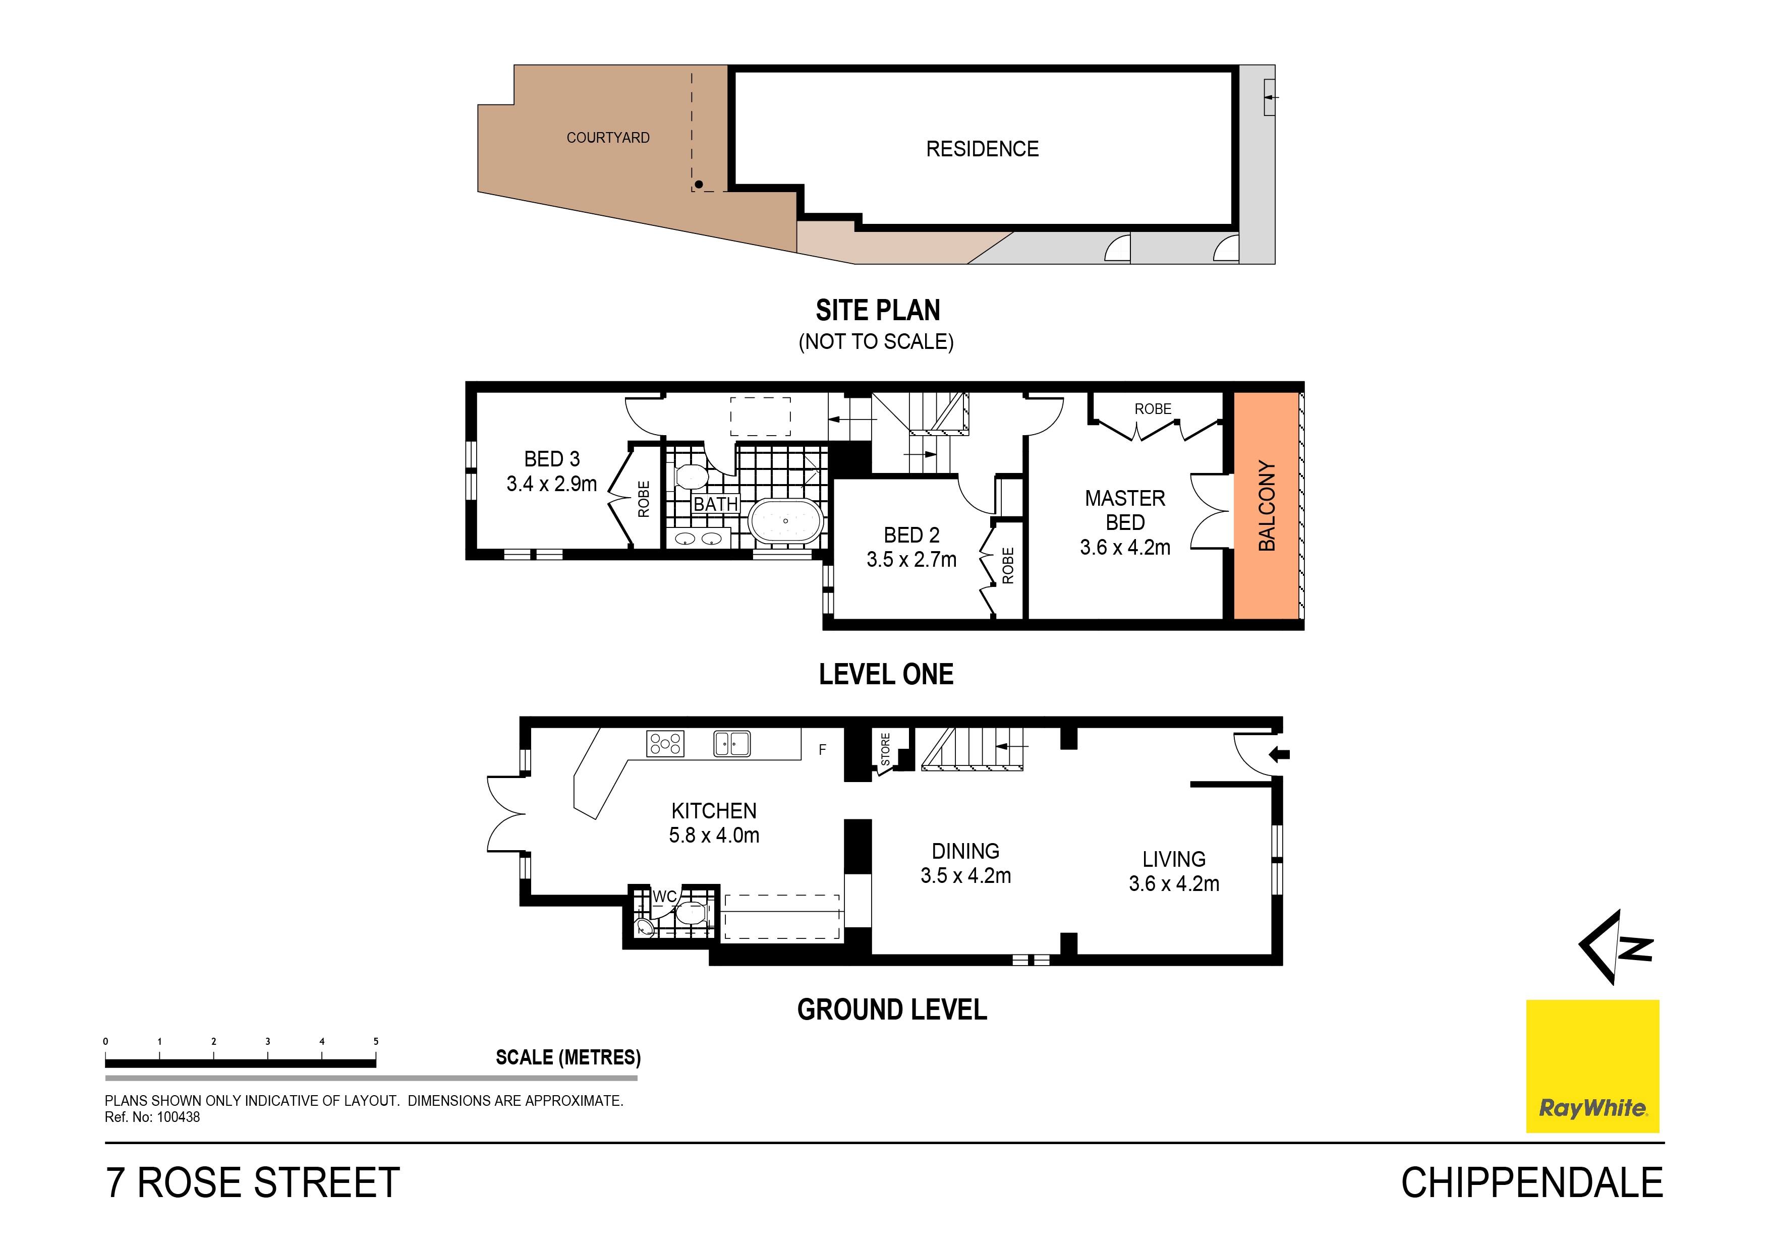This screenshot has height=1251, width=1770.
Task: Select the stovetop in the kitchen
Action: coord(664,743)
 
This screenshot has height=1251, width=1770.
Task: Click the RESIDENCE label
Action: coord(982,149)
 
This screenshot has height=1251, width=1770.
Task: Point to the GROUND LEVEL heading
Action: coord(892,1010)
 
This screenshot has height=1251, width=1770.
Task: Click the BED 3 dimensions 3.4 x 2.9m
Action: coord(551,484)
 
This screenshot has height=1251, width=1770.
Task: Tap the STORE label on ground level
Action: coord(885,749)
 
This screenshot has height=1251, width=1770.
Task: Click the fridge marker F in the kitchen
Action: coord(823,749)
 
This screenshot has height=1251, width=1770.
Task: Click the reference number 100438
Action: coord(178,1117)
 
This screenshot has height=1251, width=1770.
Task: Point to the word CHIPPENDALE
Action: coord(1532,1183)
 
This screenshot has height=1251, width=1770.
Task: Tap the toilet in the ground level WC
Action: coord(692,914)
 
